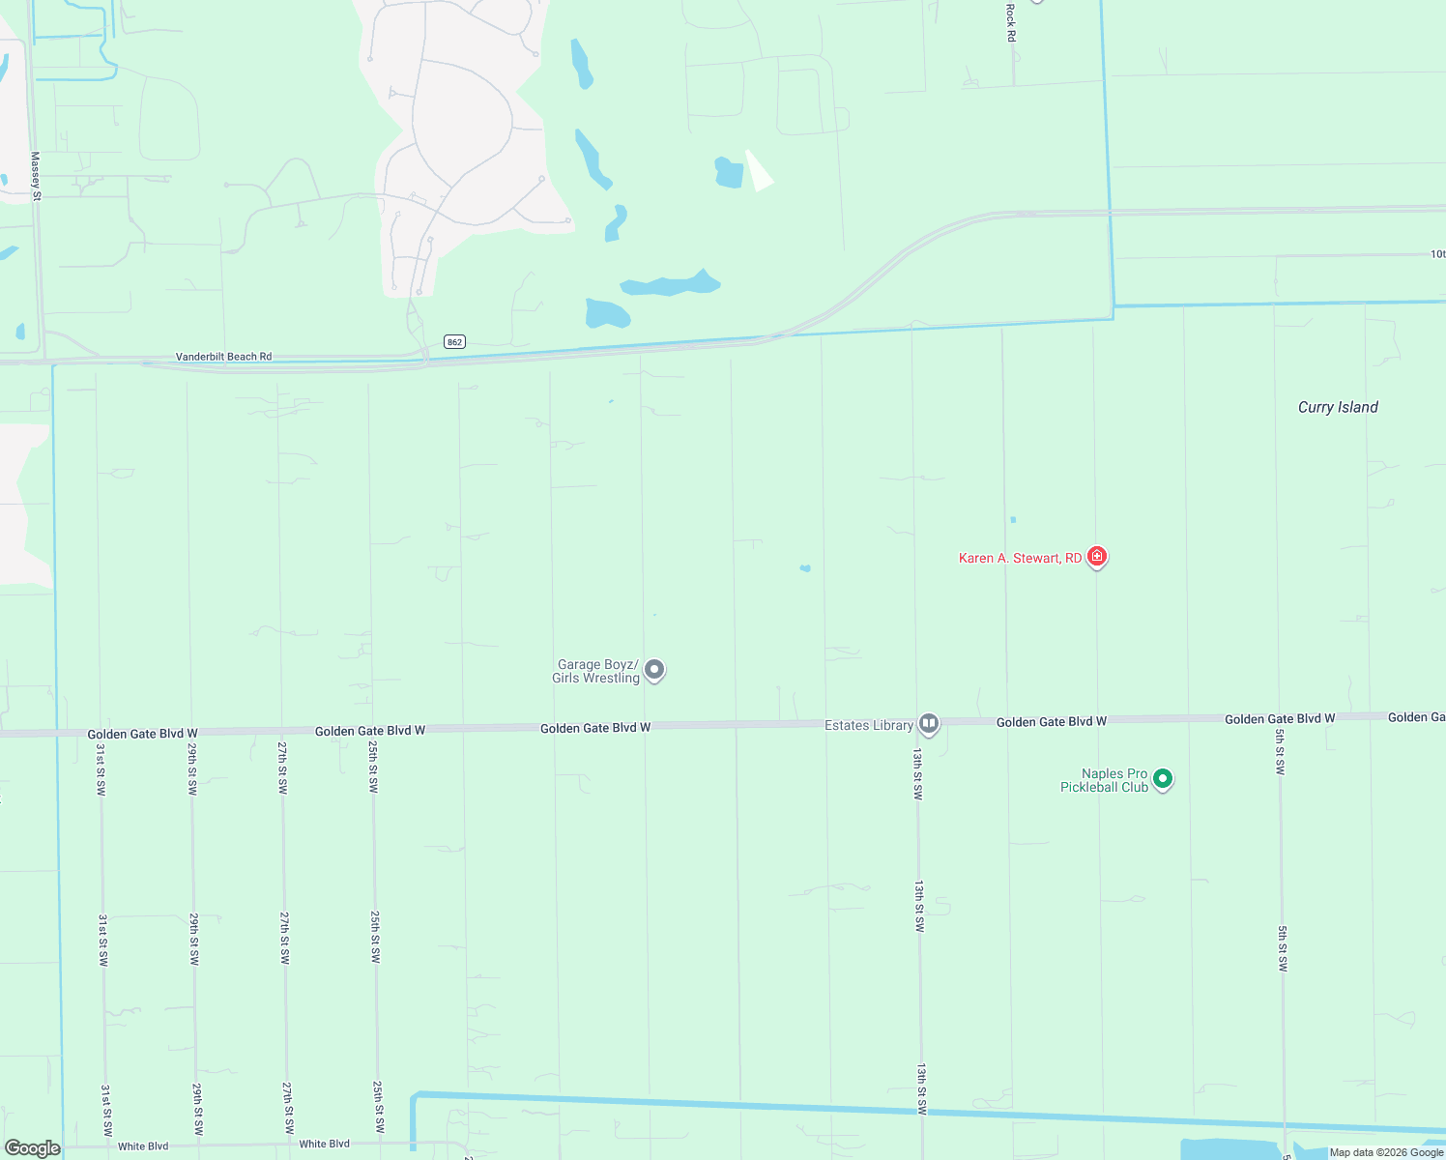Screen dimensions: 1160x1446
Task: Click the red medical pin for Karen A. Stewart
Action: [1096, 557]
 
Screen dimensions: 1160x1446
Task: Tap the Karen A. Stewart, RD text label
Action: [1020, 559]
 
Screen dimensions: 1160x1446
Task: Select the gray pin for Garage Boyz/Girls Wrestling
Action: [654, 669]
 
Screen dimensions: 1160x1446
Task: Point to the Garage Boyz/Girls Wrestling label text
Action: [596, 672]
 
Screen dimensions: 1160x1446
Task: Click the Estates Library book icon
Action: [929, 723]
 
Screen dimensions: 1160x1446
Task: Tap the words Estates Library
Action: [868, 726]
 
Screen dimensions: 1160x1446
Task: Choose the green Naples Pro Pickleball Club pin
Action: [1163, 778]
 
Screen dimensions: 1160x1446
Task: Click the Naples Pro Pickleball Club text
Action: [1104, 781]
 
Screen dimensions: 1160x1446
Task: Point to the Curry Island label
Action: [1338, 408]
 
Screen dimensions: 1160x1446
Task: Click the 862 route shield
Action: [455, 342]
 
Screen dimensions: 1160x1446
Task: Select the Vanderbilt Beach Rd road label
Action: [223, 357]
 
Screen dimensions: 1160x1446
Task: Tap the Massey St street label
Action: [36, 176]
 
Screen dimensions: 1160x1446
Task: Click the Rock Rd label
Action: [1011, 22]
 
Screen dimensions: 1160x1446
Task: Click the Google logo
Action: [32, 1148]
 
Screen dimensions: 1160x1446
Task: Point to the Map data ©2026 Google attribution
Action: [1386, 1152]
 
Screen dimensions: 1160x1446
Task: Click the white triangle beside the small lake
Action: [759, 172]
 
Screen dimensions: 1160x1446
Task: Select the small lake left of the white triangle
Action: [729, 172]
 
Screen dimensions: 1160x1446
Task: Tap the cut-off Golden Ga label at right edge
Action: [1416, 717]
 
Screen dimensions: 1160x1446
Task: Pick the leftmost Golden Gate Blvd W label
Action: [142, 735]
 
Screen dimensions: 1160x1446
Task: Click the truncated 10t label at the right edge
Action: [1437, 254]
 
